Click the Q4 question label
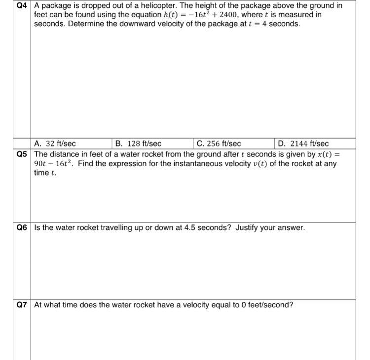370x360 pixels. point(22,6)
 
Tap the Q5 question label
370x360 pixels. point(22,154)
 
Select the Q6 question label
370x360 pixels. point(22,228)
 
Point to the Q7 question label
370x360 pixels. point(22,305)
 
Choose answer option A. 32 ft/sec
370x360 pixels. point(55,144)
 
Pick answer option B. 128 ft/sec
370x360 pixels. point(138,144)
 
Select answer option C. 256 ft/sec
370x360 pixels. point(219,144)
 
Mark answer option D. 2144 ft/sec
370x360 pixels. point(303,144)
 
